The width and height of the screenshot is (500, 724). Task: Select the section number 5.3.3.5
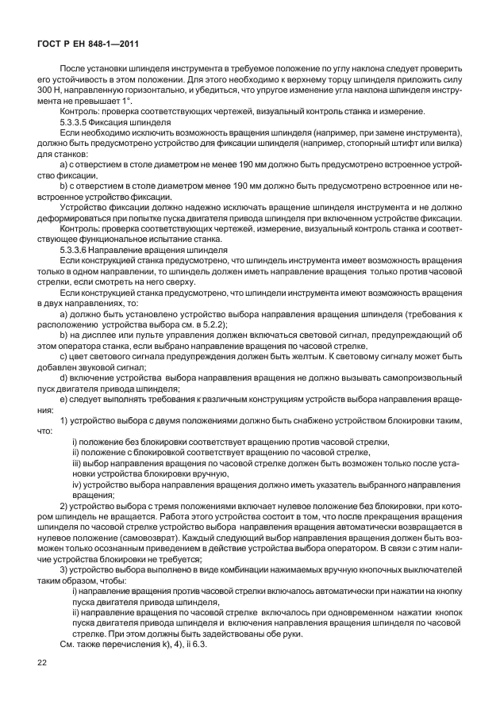pos(77,124)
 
